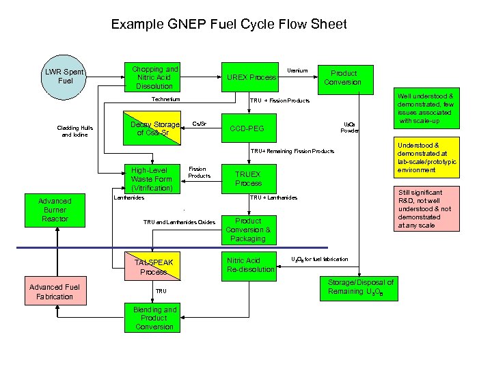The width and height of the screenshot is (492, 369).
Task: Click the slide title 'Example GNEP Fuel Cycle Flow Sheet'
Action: click(x=229, y=25)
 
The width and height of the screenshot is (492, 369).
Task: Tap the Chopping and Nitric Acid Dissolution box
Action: click(x=154, y=77)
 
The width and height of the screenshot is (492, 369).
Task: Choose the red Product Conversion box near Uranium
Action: click(x=343, y=77)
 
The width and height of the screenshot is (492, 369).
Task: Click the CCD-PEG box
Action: click(x=247, y=128)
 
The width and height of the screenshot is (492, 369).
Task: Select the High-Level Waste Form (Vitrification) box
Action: click(x=152, y=179)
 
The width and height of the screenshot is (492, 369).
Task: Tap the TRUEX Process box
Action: click(x=248, y=178)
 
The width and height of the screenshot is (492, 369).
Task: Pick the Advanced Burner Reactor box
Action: click(x=55, y=210)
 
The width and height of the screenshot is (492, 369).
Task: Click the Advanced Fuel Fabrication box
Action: click(x=55, y=292)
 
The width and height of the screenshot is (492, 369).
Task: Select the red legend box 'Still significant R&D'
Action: click(x=426, y=209)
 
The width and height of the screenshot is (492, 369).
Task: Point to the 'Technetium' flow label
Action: click(x=166, y=100)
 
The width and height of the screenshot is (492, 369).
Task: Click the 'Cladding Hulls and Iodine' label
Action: click(x=75, y=131)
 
